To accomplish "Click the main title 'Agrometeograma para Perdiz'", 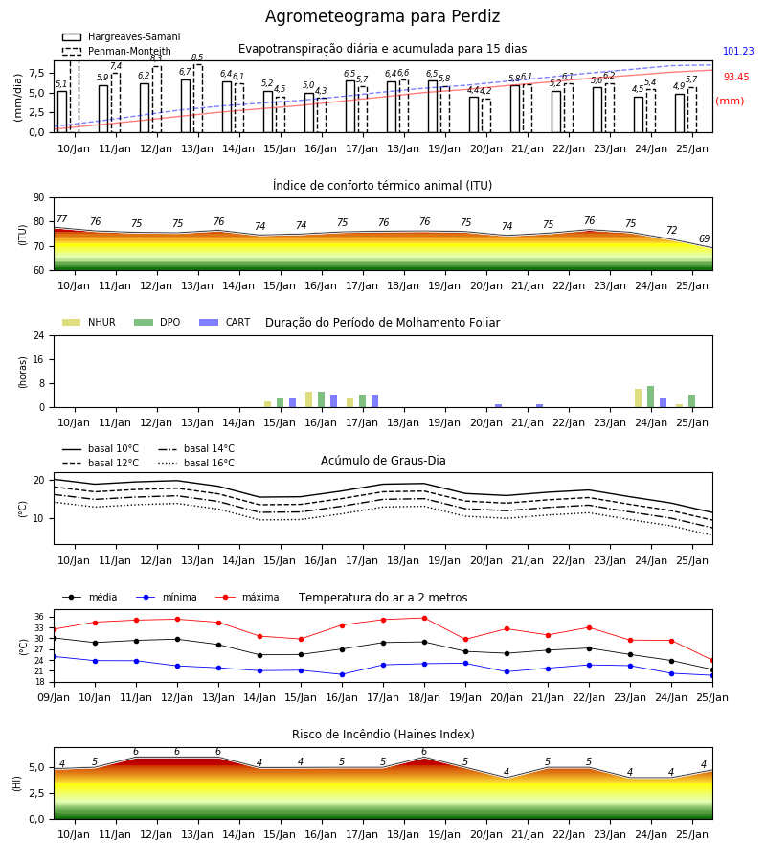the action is click(x=382, y=16).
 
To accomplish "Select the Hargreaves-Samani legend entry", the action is click(x=121, y=36).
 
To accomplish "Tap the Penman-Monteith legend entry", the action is click(x=117, y=51).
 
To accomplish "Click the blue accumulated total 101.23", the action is click(x=738, y=51).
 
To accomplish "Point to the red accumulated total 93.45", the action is click(x=736, y=77).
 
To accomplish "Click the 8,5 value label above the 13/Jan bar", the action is click(x=197, y=57).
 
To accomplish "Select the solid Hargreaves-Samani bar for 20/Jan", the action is click(x=474, y=114).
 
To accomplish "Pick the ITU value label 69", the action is click(x=704, y=238).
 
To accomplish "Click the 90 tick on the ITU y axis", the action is click(x=39, y=198).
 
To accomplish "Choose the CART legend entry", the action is click(x=225, y=322).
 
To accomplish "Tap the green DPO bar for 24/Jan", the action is click(x=650, y=397).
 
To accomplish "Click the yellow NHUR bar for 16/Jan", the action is click(x=309, y=399).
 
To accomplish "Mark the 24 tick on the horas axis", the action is click(x=39, y=335).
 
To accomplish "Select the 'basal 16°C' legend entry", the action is click(x=196, y=463).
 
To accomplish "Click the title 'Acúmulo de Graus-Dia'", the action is click(x=383, y=461).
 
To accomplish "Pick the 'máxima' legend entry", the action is click(x=247, y=597).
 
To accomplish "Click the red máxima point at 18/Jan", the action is click(x=424, y=618).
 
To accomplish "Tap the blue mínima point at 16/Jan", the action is click(x=343, y=674).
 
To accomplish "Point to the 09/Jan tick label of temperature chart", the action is click(x=54, y=697).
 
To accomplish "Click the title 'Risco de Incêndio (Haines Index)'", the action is click(x=383, y=735).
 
